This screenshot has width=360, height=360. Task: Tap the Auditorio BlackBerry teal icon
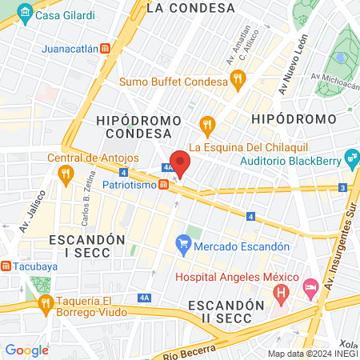351,155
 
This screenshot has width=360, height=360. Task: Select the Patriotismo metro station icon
163,185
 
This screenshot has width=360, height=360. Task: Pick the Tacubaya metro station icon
6,266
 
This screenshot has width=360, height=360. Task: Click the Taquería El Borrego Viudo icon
46,302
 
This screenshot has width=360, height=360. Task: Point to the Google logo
26,350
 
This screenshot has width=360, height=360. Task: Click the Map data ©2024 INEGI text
312,354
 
